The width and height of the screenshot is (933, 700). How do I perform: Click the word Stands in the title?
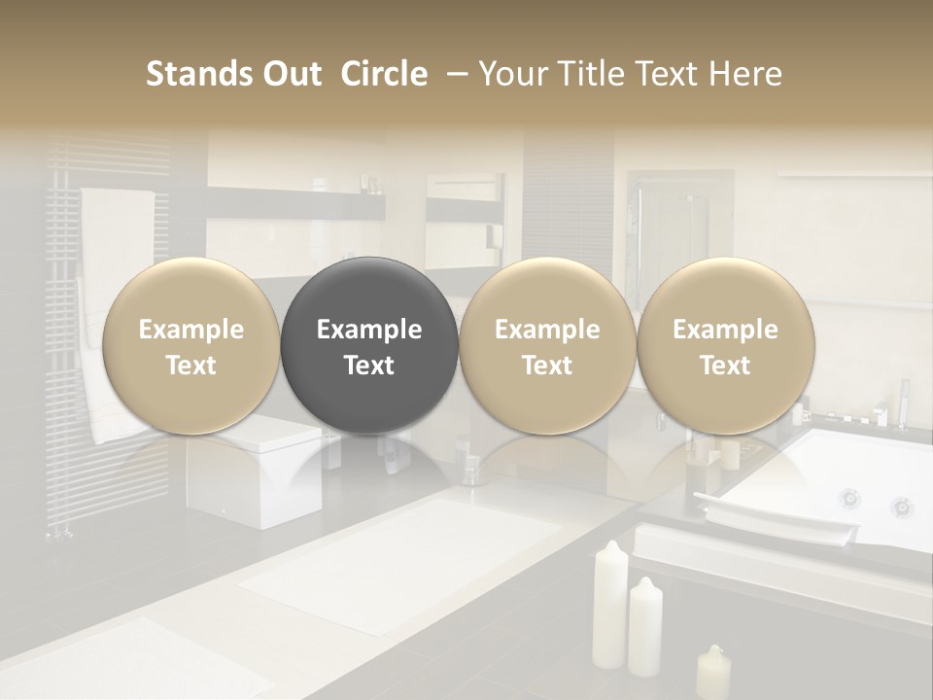pos(192,74)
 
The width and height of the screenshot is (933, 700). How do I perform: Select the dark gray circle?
pos(369,345)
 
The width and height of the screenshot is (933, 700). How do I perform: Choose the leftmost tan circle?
pos(191,345)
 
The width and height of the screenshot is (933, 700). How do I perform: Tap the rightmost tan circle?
pos(726,345)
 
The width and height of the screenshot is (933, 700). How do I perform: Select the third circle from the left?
pos(547,345)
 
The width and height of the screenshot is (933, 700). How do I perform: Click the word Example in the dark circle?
pos(369,330)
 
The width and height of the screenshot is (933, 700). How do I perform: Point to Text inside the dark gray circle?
pos(369,366)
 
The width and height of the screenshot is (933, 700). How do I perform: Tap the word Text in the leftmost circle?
pos(191,366)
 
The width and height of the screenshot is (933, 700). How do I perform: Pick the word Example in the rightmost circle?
pos(726,330)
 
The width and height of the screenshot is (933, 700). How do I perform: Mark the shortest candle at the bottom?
pos(713,673)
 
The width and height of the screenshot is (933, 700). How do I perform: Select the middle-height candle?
pos(645,627)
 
